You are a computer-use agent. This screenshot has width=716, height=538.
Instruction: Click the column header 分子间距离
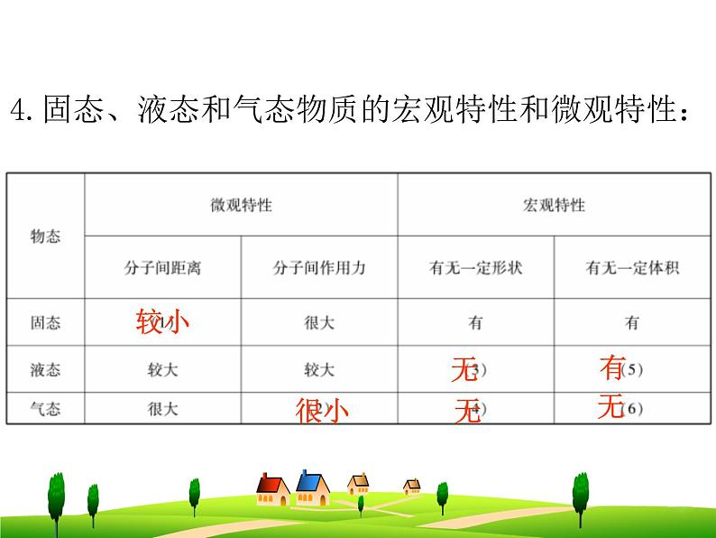point(162,268)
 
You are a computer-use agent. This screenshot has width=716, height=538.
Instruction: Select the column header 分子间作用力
point(319,268)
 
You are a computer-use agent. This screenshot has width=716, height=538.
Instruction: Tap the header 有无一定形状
point(475,268)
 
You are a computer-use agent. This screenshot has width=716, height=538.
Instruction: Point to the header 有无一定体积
point(631,268)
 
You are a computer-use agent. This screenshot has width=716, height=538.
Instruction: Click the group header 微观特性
point(241,205)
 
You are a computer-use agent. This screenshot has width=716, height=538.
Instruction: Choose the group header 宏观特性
point(554,205)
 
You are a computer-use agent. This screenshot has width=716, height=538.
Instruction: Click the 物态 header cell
point(46,237)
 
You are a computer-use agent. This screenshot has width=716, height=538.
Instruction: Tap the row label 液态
point(46,369)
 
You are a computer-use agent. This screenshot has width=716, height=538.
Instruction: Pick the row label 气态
point(46,409)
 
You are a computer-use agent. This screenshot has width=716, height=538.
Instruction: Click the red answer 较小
point(163,320)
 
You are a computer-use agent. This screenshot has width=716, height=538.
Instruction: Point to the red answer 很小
point(322,412)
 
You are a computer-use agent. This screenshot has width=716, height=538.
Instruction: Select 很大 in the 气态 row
point(162,409)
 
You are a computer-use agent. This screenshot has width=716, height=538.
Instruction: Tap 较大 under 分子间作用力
point(319,369)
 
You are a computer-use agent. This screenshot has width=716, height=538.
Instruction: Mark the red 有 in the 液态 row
point(612,367)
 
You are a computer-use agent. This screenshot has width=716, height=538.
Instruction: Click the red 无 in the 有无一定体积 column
point(610,408)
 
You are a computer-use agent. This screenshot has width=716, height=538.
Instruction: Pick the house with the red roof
point(272,488)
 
